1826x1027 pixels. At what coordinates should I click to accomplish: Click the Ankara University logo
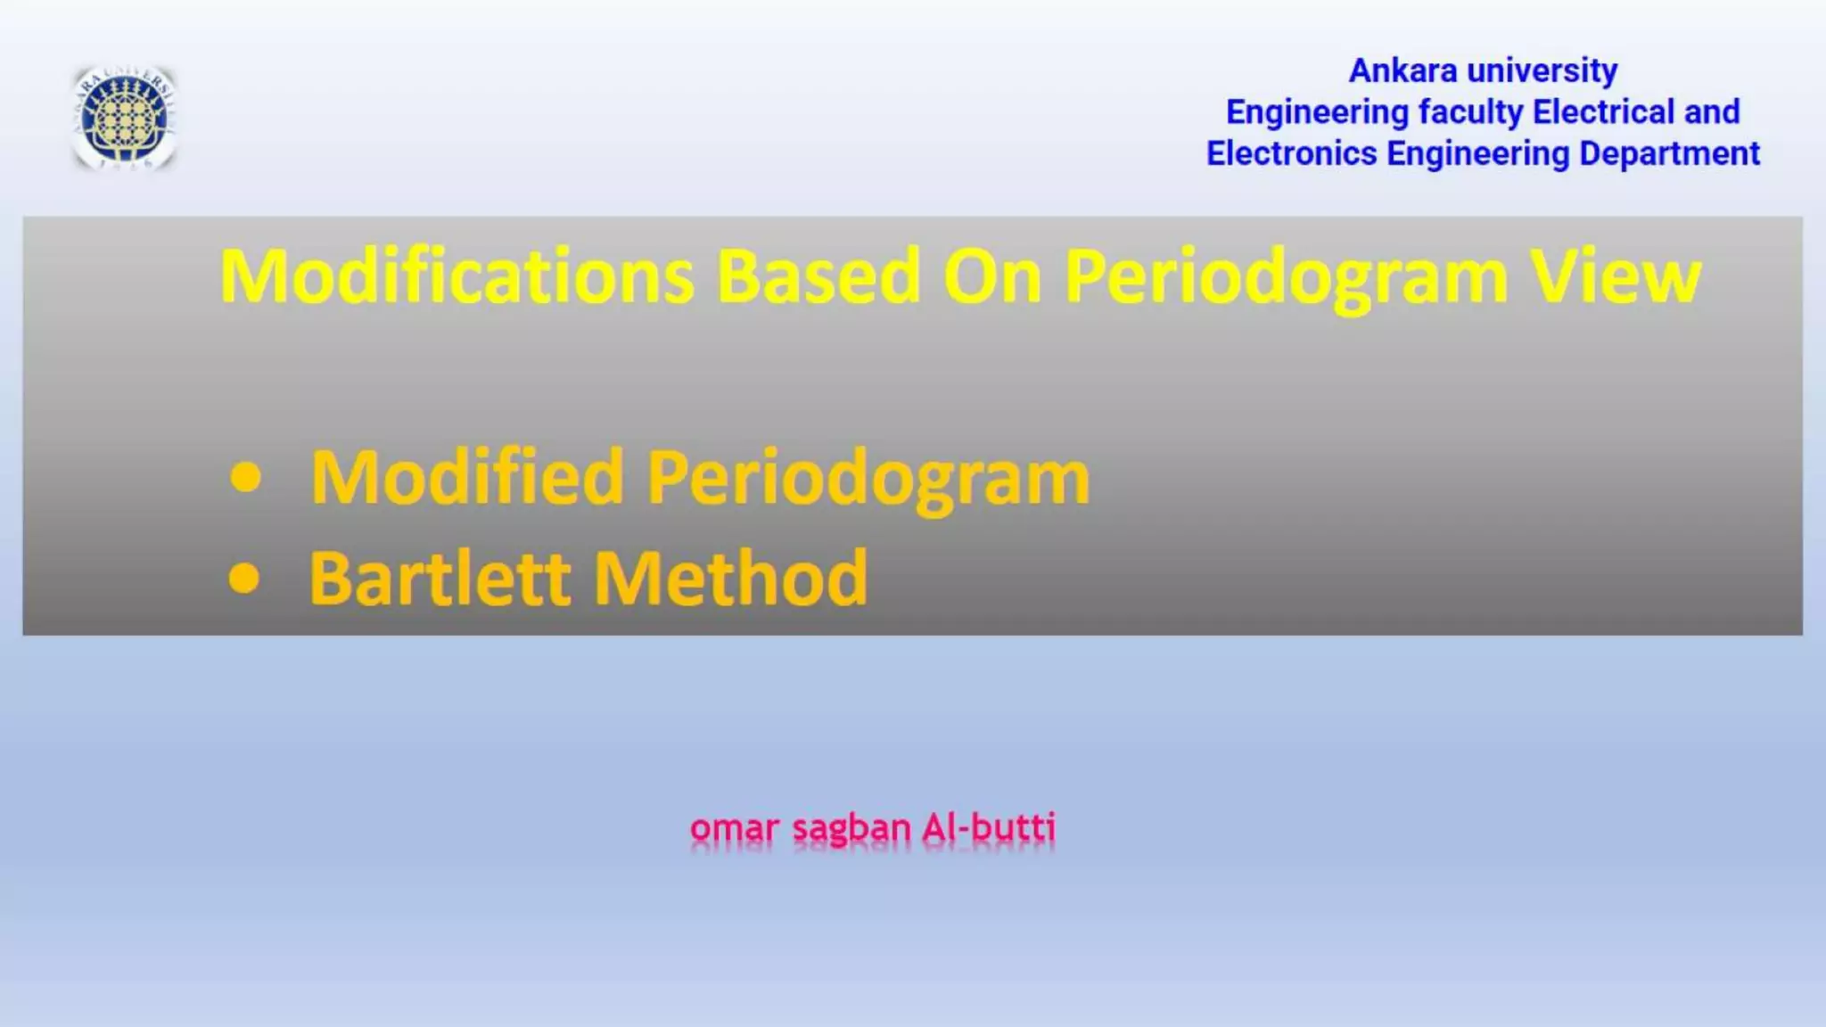tap(124, 118)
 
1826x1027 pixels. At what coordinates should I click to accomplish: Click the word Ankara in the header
tap(1402, 70)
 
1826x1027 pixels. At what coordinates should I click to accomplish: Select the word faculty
tap(1470, 112)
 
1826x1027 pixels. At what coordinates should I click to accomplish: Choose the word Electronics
tap(1291, 153)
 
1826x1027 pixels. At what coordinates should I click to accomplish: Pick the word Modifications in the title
tap(456, 276)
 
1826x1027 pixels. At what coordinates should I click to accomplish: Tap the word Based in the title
tap(818, 276)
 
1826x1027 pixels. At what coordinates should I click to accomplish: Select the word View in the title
tap(1616, 276)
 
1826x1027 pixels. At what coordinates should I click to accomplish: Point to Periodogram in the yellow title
tap(1286, 278)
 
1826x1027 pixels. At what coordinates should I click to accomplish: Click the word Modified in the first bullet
tap(466, 477)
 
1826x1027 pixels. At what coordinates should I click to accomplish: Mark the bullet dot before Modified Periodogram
tap(245, 477)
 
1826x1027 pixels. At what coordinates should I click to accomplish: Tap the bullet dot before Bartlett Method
tap(244, 578)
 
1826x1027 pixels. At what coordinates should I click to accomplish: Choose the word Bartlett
tap(440, 578)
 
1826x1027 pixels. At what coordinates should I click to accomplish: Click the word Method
tap(730, 578)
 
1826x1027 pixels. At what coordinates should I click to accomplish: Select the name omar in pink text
tap(734, 828)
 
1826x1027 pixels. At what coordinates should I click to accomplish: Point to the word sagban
tap(851, 828)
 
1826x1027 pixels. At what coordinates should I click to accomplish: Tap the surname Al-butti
tap(989, 827)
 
